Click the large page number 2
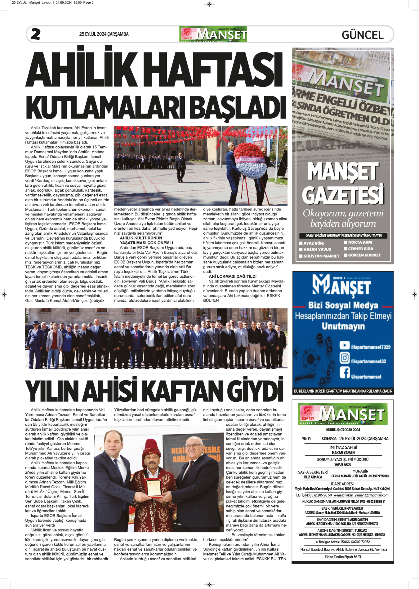[36, 34]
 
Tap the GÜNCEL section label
[363, 35]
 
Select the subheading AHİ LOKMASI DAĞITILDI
[233, 276]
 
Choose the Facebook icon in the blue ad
[345, 372]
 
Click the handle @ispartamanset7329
[370, 347]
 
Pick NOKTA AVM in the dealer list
[360, 242]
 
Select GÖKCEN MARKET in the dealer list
[364, 255]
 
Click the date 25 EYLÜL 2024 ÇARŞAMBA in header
[104, 34]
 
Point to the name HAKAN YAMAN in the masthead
[343, 453]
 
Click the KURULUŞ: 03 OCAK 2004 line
[343, 430]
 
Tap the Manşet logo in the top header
[213, 34]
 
